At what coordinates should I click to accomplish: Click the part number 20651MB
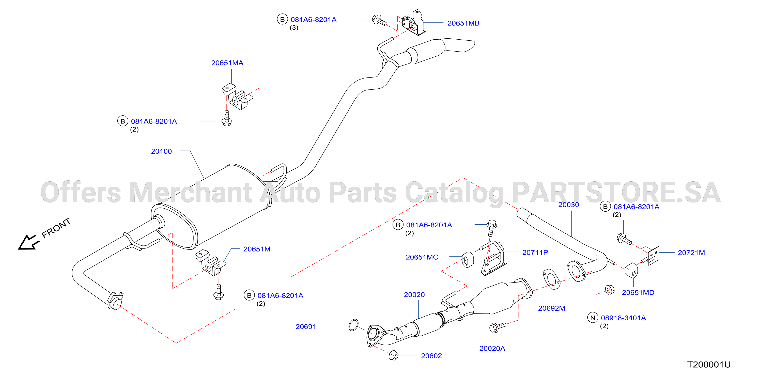[x=463, y=23]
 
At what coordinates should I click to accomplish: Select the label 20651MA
[x=227, y=63]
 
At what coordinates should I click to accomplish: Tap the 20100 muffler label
[x=161, y=151]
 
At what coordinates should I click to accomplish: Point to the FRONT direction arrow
[x=28, y=242]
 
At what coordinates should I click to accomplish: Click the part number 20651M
[x=257, y=249]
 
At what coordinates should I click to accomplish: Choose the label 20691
[x=306, y=326]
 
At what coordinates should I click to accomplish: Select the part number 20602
[x=431, y=356]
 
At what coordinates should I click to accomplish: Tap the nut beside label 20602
[x=394, y=355]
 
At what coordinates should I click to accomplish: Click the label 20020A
[x=492, y=348]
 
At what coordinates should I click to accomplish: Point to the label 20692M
[x=551, y=308]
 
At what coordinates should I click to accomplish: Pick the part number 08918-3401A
[x=623, y=318]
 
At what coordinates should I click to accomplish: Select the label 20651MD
[x=638, y=292]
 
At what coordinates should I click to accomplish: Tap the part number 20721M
[x=691, y=253]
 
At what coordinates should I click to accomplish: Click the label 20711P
[x=535, y=252]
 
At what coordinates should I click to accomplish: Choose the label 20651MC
[x=422, y=257]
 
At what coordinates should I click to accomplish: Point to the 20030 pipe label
[x=568, y=205]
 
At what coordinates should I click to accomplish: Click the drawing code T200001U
[x=709, y=365]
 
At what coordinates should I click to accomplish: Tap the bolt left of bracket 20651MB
[x=379, y=20]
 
